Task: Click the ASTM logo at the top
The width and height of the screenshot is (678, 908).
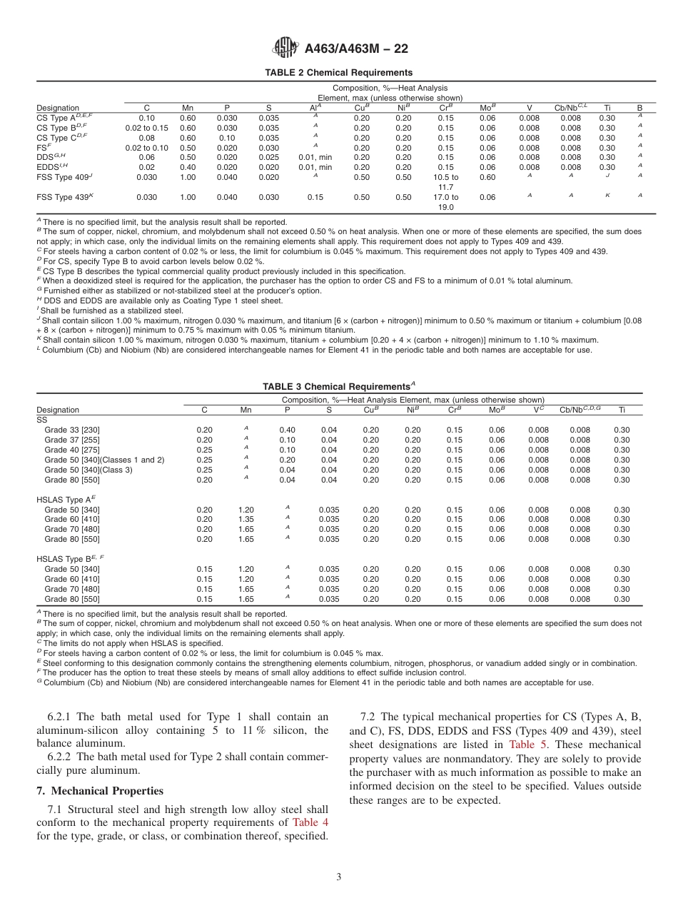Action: [285, 48]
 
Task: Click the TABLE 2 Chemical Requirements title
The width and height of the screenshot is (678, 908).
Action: [338, 73]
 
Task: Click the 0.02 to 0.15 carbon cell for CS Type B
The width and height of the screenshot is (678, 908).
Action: [146, 128]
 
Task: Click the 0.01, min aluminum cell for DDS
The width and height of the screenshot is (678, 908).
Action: [315, 157]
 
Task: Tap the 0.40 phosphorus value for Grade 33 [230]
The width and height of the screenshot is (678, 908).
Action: [287, 430]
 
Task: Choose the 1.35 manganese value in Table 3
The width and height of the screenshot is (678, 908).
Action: [246, 519]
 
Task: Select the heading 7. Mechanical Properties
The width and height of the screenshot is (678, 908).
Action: [100, 791]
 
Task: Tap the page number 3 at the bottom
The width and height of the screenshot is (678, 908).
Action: [338, 877]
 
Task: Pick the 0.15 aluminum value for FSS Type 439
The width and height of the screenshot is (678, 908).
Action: [315, 197]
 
